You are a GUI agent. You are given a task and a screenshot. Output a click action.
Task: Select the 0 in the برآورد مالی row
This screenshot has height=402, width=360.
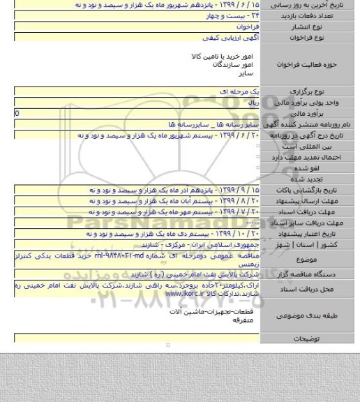pos(18,112)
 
